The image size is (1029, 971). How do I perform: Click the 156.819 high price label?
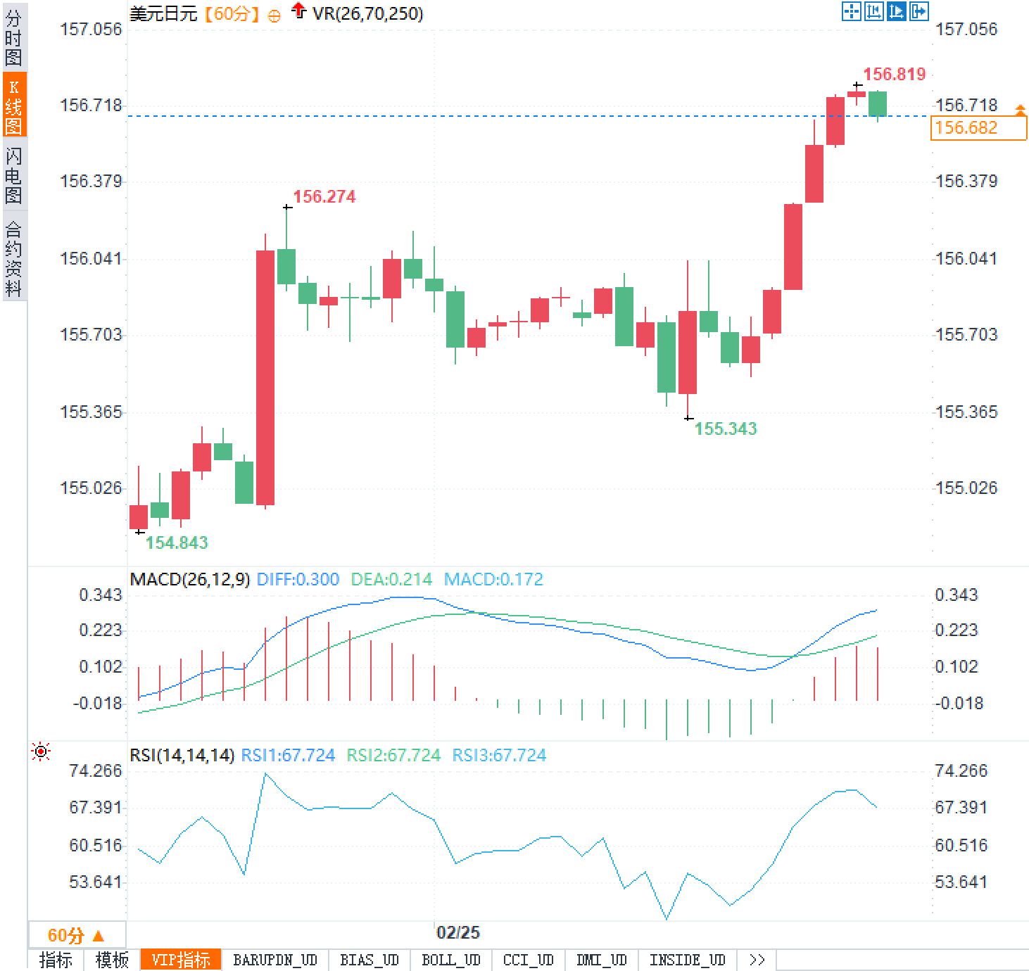pyautogui.click(x=894, y=75)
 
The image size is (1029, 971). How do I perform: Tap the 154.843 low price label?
pyautogui.click(x=177, y=542)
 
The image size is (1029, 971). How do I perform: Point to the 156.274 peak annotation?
pyautogui.click(x=324, y=197)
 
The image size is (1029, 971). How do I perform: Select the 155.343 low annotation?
pyautogui.click(x=726, y=429)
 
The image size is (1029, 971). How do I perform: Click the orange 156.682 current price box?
pyautogui.click(x=978, y=128)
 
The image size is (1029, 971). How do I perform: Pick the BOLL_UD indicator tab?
pyautogui.click(x=450, y=960)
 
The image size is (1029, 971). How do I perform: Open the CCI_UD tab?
pyautogui.click(x=529, y=960)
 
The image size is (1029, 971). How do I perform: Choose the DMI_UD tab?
pyautogui.click(x=601, y=960)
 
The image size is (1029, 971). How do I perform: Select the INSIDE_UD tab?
pyautogui.click(x=687, y=960)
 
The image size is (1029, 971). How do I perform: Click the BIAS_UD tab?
pyautogui.click(x=369, y=960)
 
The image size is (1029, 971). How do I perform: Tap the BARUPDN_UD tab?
pyautogui.click(x=275, y=960)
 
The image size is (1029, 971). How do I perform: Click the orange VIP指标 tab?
pyautogui.click(x=181, y=960)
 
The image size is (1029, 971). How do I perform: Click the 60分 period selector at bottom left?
pyautogui.click(x=76, y=935)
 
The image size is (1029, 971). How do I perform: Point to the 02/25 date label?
pyautogui.click(x=458, y=933)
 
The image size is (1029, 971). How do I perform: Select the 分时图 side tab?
pyautogui.click(x=13, y=38)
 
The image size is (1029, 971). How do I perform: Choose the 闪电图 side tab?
pyautogui.click(x=13, y=175)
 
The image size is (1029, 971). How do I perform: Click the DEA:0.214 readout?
pyautogui.click(x=391, y=580)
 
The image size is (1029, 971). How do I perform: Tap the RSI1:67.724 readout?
pyautogui.click(x=288, y=756)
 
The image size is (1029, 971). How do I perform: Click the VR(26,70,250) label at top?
pyautogui.click(x=367, y=14)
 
